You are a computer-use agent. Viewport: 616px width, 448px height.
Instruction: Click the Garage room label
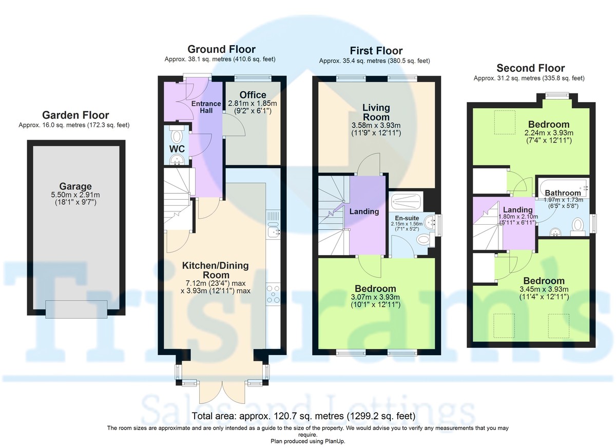[x=75, y=186]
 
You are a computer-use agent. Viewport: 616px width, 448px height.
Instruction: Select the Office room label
[x=253, y=95]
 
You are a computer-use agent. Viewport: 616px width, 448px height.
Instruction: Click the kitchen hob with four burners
[x=273, y=295]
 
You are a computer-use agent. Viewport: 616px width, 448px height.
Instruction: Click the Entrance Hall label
[x=206, y=107]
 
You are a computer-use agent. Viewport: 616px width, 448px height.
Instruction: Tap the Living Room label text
[x=376, y=112]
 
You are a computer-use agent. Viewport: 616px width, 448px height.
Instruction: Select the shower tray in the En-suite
[x=406, y=202]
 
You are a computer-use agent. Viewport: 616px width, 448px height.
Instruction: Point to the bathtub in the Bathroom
[x=564, y=188]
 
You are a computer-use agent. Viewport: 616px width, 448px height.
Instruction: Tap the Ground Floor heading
[x=221, y=49]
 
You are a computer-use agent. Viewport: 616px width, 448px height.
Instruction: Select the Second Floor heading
[x=530, y=68]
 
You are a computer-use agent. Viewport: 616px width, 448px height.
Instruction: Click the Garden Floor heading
[x=75, y=115]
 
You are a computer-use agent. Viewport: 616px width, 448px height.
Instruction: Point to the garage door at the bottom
[x=76, y=309]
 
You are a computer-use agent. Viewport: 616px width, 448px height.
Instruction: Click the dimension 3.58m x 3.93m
[x=376, y=125]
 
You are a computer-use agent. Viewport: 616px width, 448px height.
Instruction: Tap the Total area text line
[x=303, y=416]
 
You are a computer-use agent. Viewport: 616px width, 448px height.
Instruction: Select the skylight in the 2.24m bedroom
[x=505, y=122]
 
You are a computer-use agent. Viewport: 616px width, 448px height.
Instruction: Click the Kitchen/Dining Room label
[x=216, y=270]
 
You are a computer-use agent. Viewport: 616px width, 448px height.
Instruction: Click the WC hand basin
[x=176, y=160]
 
